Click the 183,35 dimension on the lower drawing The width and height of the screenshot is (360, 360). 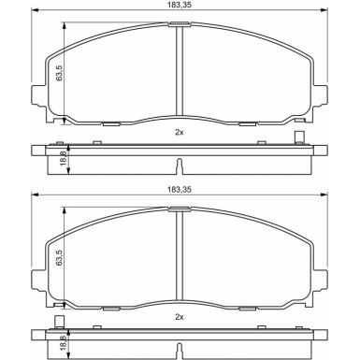pos(180,190)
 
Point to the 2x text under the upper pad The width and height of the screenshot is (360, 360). pos(180,132)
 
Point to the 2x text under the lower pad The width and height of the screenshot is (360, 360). pos(180,317)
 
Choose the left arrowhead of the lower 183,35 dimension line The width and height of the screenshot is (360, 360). pos(36,196)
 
